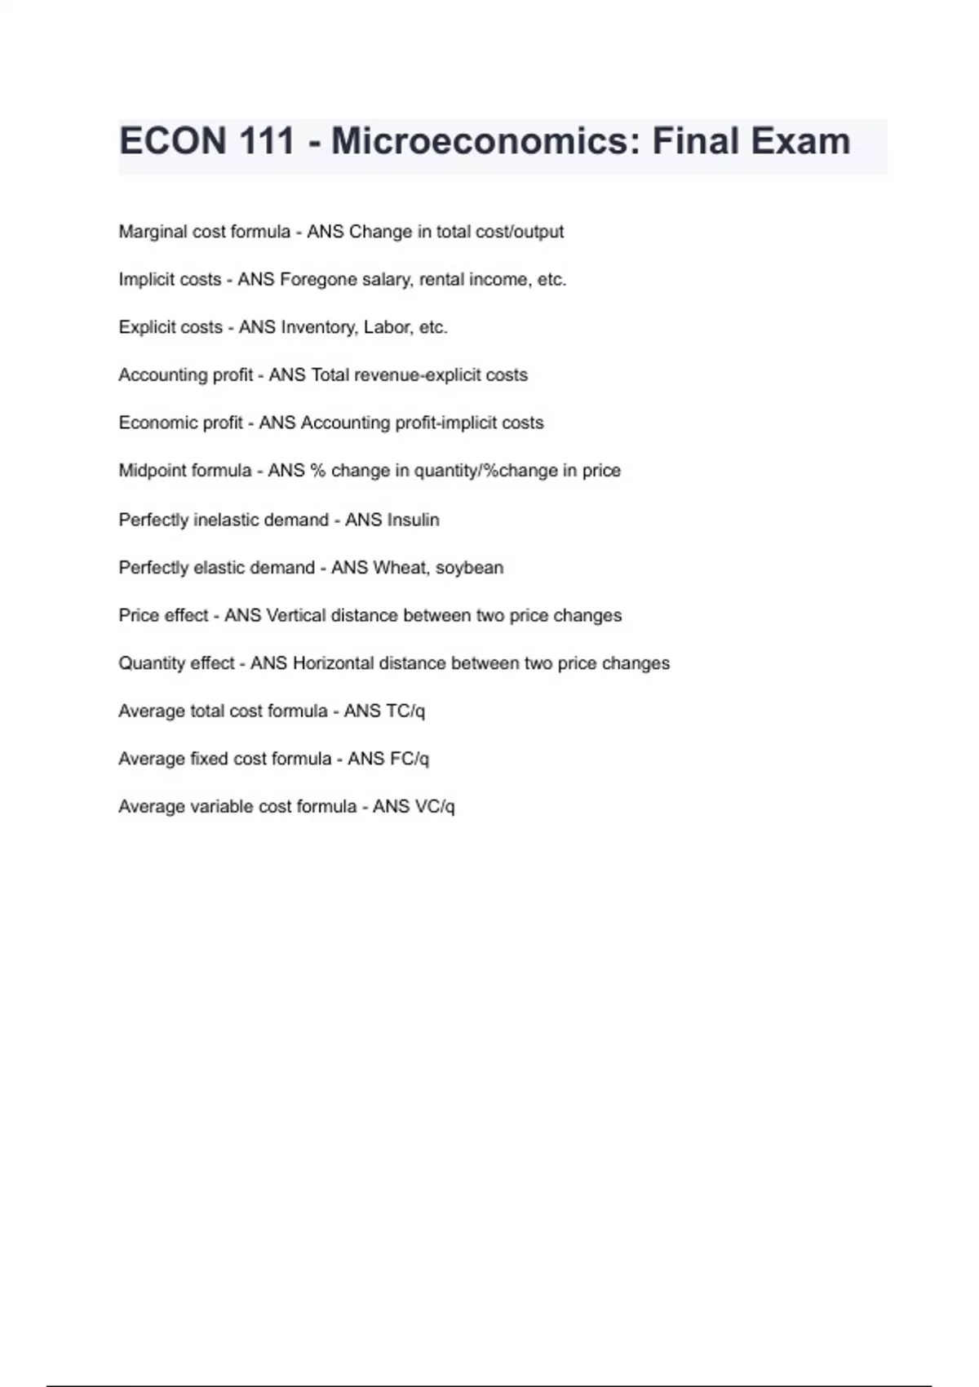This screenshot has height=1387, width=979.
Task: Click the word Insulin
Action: click(413, 520)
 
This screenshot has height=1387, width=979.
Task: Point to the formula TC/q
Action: click(405, 711)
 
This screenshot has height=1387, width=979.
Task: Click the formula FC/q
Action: click(410, 759)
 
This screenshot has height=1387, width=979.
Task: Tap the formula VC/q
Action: click(435, 807)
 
